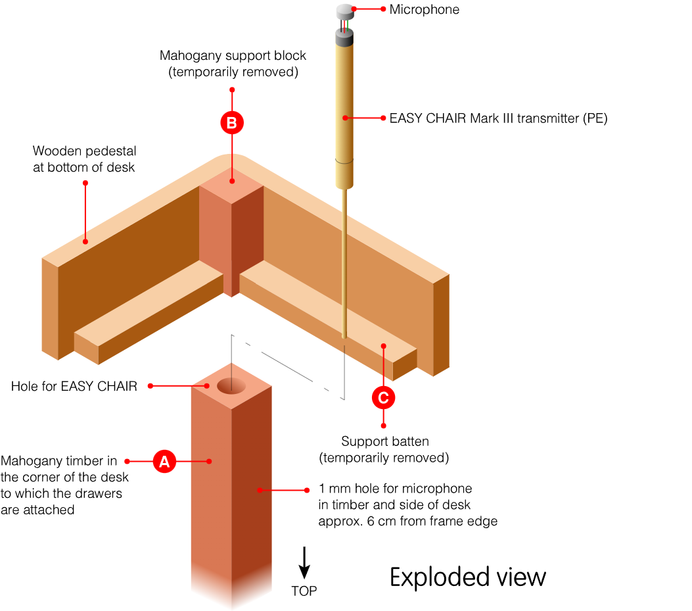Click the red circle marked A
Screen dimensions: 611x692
click(x=164, y=461)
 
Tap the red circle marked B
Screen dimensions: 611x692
click(x=231, y=122)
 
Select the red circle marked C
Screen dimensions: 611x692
click(x=384, y=397)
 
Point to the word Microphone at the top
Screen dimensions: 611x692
click(x=424, y=9)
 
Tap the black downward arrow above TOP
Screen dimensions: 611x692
click(x=304, y=562)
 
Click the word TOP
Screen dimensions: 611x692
click(x=304, y=591)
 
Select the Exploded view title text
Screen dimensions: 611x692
click(x=468, y=577)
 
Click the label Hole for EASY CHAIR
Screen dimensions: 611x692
click(x=74, y=386)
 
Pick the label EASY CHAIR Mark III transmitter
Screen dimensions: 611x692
click(x=498, y=118)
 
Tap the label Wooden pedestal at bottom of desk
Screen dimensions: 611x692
click(x=84, y=159)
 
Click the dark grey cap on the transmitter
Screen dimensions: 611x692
click(x=345, y=37)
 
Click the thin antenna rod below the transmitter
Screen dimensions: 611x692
click(x=344, y=263)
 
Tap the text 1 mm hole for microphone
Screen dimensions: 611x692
click(x=396, y=489)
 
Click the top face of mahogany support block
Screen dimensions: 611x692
click(x=231, y=181)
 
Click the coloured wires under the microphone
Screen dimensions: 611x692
click(x=344, y=24)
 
